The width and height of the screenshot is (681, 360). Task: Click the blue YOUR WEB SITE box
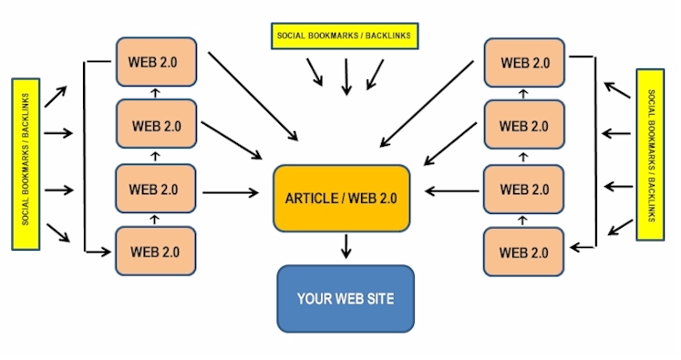point(346,299)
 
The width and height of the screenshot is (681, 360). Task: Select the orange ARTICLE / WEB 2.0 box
point(341,198)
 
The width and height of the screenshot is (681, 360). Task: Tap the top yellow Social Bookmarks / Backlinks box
point(345,36)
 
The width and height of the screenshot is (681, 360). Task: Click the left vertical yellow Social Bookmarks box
point(26,164)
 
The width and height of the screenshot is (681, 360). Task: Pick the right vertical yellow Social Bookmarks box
point(650,155)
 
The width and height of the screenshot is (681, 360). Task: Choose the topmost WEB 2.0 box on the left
point(157,62)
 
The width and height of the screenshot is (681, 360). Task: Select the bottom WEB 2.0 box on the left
point(156,251)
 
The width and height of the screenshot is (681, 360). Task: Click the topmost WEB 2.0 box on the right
point(524,63)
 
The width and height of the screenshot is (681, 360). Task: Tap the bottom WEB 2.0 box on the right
point(524,252)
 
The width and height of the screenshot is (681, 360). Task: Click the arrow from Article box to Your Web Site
point(346,246)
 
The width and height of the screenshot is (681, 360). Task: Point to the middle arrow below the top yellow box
point(346,77)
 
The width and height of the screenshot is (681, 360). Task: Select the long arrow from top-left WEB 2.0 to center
point(253,97)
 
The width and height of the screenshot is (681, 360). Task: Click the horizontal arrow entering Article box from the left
point(231,192)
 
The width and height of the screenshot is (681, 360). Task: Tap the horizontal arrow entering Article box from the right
point(451,191)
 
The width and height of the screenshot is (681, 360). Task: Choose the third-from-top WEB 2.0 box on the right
point(524,190)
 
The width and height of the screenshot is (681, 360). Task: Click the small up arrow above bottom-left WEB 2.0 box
point(155,220)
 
